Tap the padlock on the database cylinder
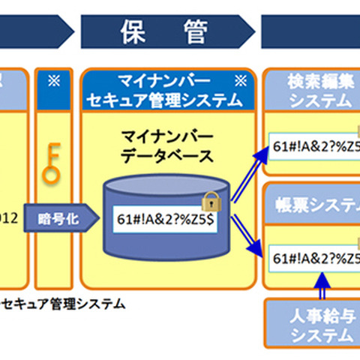(211, 200)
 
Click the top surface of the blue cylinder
(166, 184)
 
